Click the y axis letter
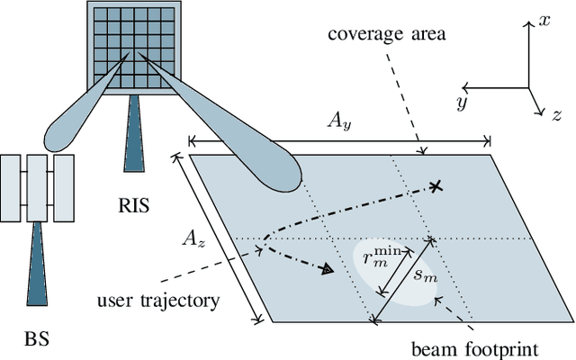pos(461,102)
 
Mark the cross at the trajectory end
pos(436,186)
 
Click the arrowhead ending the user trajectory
pos(328,267)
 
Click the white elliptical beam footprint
pos(396,274)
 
